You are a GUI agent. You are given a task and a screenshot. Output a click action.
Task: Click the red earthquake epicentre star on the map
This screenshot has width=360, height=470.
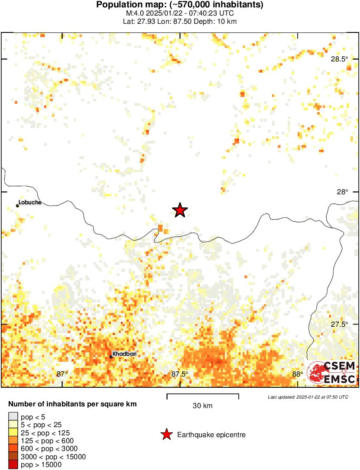click(180, 210)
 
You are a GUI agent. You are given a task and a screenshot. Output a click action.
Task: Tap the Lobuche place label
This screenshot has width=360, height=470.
click(30, 202)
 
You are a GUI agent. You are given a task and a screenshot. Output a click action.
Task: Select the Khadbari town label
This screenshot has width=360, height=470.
click(125, 354)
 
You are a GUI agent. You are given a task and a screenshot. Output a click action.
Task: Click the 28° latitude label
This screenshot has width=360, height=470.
click(343, 192)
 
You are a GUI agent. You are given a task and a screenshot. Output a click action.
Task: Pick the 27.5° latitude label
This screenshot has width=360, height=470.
click(339, 325)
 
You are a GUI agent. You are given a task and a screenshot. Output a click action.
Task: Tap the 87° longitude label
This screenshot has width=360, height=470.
click(62, 374)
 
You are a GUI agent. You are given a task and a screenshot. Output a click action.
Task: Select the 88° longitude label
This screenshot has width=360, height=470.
click(297, 374)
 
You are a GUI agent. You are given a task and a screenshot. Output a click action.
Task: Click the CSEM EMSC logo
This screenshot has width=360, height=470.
click(331, 373)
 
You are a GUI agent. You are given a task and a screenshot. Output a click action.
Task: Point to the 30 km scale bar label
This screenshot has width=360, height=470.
click(202, 406)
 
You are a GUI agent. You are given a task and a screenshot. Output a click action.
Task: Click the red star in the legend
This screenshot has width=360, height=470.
click(166, 435)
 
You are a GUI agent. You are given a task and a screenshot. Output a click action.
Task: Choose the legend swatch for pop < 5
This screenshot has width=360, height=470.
click(13, 417)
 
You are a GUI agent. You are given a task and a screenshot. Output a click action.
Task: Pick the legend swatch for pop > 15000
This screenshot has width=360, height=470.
click(13, 464)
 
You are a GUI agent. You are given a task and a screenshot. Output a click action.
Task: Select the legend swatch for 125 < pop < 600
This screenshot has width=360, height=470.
click(13, 441)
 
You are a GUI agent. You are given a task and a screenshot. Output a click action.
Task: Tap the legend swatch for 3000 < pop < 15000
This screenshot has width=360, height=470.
click(13, 457)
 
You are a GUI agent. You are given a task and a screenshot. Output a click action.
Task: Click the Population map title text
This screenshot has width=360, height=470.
click(180, 5)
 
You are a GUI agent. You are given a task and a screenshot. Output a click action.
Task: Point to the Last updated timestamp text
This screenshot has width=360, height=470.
click(308, 397)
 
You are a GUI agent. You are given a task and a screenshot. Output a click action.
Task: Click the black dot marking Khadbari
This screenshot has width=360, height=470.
click(111, 357)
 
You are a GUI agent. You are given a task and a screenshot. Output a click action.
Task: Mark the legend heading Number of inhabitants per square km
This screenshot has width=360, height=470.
click(73, 404)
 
